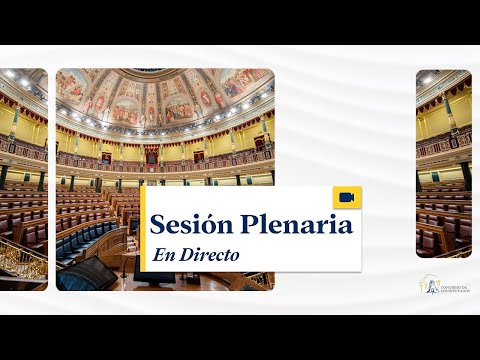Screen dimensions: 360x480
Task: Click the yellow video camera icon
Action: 347,197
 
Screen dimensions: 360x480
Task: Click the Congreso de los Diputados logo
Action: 444,286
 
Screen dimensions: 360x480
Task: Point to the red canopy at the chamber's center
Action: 151,156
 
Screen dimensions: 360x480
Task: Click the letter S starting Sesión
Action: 157,225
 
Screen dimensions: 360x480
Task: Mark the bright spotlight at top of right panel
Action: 428,78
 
